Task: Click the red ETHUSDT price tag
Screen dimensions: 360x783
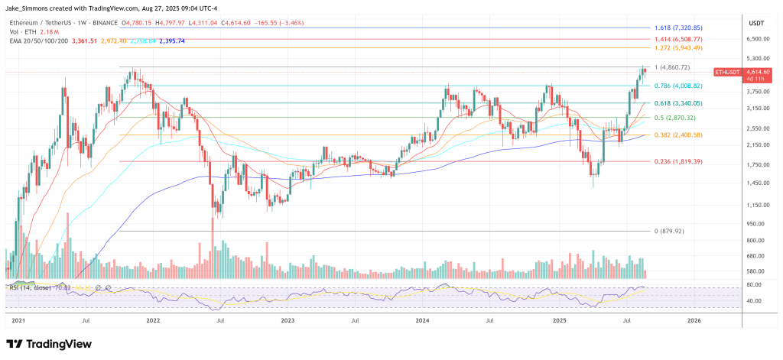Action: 727,72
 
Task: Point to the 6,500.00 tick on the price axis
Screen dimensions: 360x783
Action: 758,38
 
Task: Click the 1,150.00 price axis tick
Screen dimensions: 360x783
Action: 758,205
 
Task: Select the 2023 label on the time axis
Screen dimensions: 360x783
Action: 288,321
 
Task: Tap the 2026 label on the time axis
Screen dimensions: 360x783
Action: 692,321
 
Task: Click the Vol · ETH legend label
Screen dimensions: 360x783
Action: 22,31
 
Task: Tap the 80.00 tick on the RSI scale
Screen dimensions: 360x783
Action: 755,285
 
